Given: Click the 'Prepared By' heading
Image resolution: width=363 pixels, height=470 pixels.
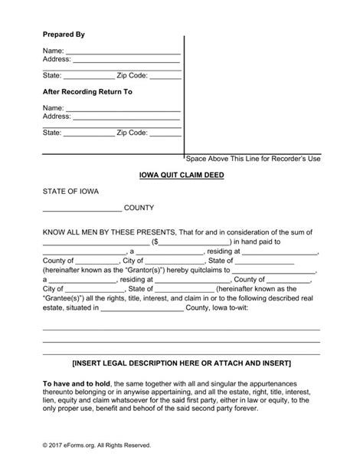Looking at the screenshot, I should (x=64, y=35).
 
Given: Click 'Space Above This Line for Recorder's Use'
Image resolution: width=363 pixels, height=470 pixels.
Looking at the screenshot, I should (x=253, y=159).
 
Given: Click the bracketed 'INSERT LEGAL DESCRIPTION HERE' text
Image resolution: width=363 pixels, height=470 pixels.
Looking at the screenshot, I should (x=181, y=360).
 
